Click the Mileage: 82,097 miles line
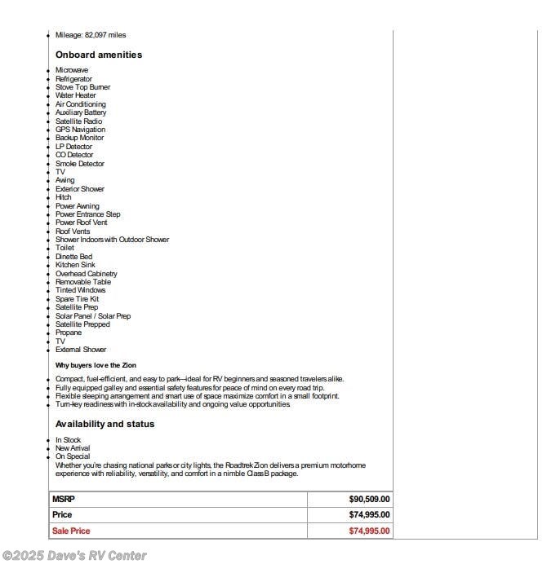(x=91, y=35)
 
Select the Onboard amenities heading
(x=99, y=55)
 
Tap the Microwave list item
(x=72, y=70)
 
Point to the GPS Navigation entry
(x=80, y=130)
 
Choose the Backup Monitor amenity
(x=79, y=138)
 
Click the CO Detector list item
(x=74, y=155)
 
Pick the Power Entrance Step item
(x=87, y=214)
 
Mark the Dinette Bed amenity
(x=73, y=257)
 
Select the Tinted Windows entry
(x=80, y=290)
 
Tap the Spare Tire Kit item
(x=77, y=299)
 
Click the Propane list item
(x=69, y=333)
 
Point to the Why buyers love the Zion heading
(x=100, y=365)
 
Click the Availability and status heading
(x=105, y=424)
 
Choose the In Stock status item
(x=68, y=440)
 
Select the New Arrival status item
(x=73, y=448)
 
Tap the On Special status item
(x=73, y=456)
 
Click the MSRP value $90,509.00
(x=370, y=499)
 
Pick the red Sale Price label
(x=71, y=531)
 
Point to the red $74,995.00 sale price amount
(x=370, y=531)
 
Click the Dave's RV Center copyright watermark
(x=74, y=556)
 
